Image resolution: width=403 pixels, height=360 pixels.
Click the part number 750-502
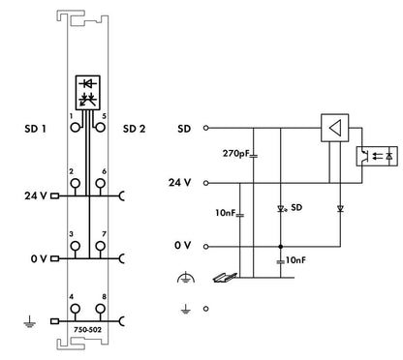point(87,330)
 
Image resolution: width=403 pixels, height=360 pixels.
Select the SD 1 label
point(35,129)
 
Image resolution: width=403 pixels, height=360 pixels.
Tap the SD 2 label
point(134,129)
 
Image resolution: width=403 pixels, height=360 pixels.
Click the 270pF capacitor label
point(236,154)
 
